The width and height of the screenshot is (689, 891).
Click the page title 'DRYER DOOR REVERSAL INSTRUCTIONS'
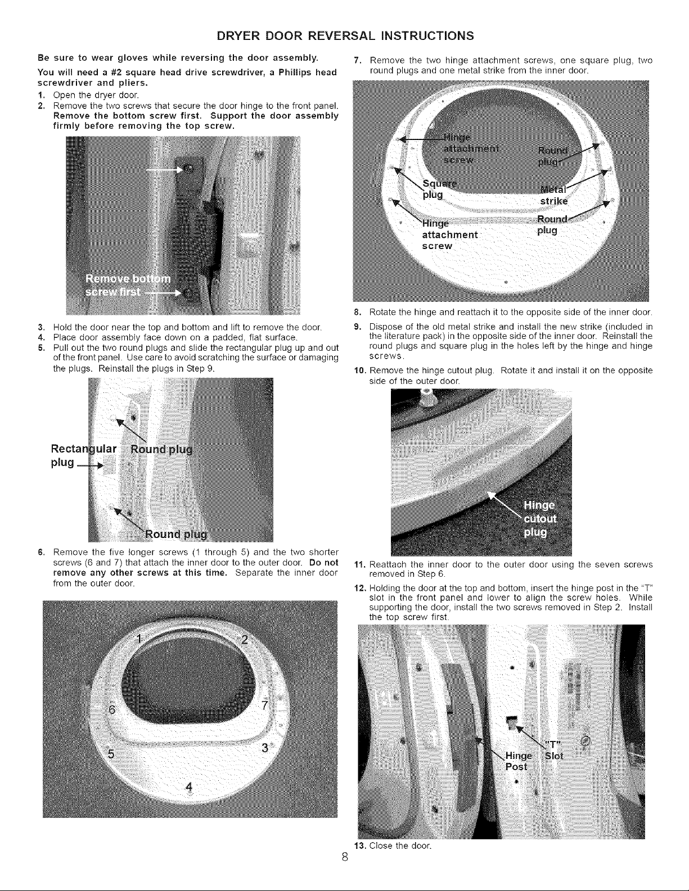coord(344,36)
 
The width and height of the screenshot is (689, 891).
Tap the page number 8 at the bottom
coord(345,873)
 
